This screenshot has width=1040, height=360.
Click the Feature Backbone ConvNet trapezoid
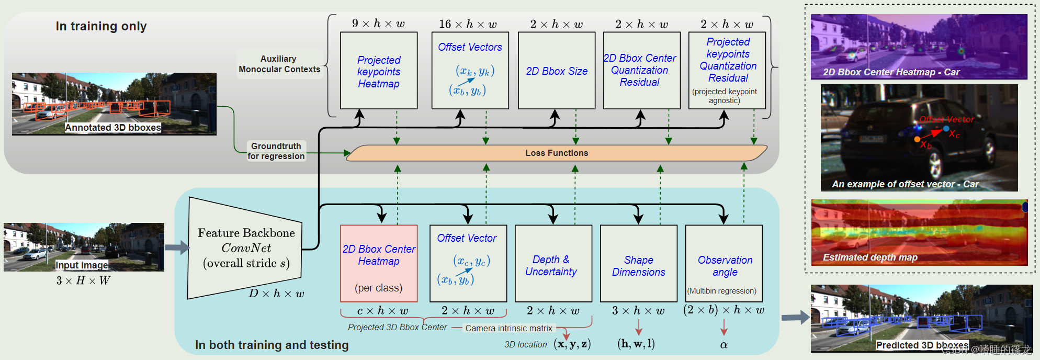click(x=245, y=248)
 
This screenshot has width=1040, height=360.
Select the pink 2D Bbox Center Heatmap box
click(x=379, y=264)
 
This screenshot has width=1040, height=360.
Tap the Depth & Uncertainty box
click(x=553, y=264)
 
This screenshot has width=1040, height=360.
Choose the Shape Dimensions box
click(x=639, y=264)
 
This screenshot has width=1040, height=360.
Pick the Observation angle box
click(x=724, y=264)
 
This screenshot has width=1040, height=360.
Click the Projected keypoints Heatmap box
click(x=379, y=71)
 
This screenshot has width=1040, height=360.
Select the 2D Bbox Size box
click(x=557, y=71)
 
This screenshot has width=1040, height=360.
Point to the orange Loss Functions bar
click(x=557, y=153)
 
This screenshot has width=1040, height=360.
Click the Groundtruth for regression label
click(x=276, y=151)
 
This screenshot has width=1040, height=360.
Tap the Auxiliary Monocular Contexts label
click(x=279, y=64)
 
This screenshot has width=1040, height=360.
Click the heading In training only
click(x=101, y=26)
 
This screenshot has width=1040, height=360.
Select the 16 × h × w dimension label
click(x=468, y=24)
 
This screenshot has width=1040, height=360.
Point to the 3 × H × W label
click(x=83, y=280)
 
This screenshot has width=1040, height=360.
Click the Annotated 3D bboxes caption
click(x=113, y=128)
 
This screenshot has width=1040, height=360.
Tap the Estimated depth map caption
click(x=870, y=257)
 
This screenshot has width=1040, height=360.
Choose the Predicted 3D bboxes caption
click(x=922, y=345)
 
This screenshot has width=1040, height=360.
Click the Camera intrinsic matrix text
click(x=509, y=328)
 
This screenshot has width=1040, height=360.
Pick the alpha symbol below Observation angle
click(x=724, y=345)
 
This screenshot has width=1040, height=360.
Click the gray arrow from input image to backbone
click(x=177, y=248)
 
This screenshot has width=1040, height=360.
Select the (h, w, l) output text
click(x=636, y=344)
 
